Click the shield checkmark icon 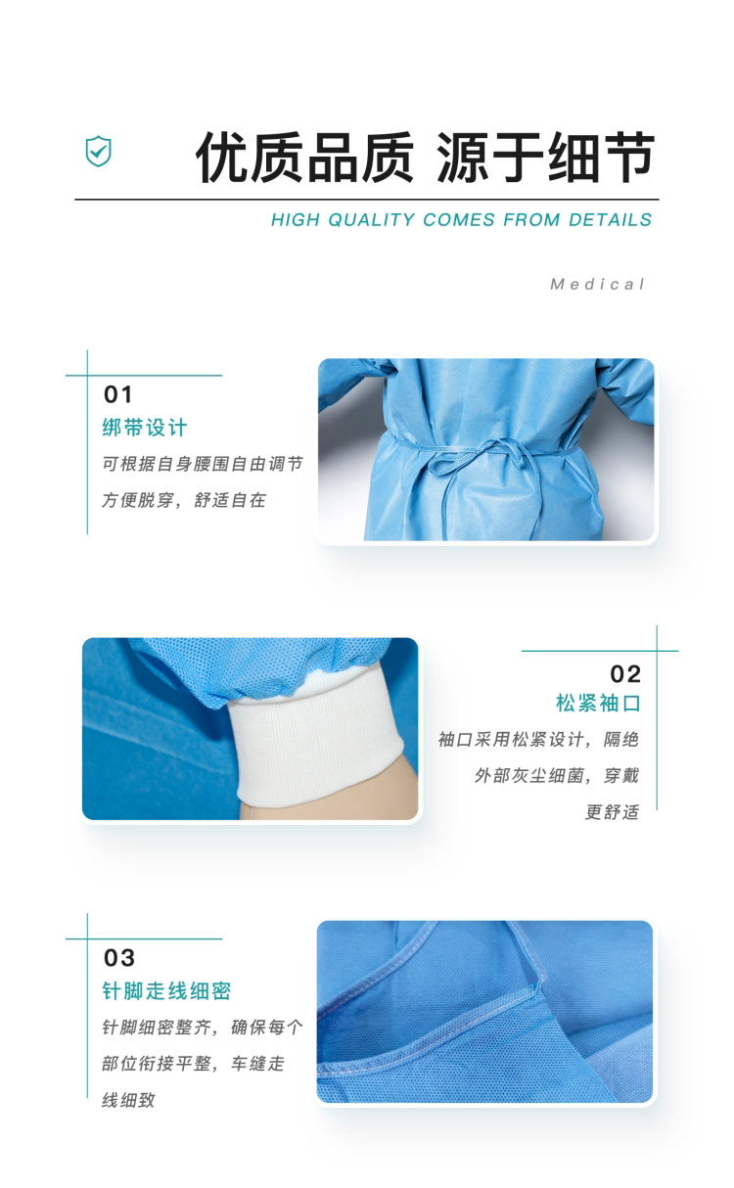point(99,151)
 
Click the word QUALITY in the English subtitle point(371,219)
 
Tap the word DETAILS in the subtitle point(610,219)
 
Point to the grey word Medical point(598,284)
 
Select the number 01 point(118,394)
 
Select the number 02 point(625,674)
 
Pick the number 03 point(119,958)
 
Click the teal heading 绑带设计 point(145,428)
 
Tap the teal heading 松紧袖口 point(598,704)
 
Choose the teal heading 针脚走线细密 point(166,990)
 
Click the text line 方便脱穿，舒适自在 point(184,500)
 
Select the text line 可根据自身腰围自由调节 point(202,464)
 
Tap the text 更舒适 point(612,812)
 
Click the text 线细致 point(128,1100)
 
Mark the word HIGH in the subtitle point(296,219)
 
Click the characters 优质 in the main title point(250,158)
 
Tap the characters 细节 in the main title point(601,158)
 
